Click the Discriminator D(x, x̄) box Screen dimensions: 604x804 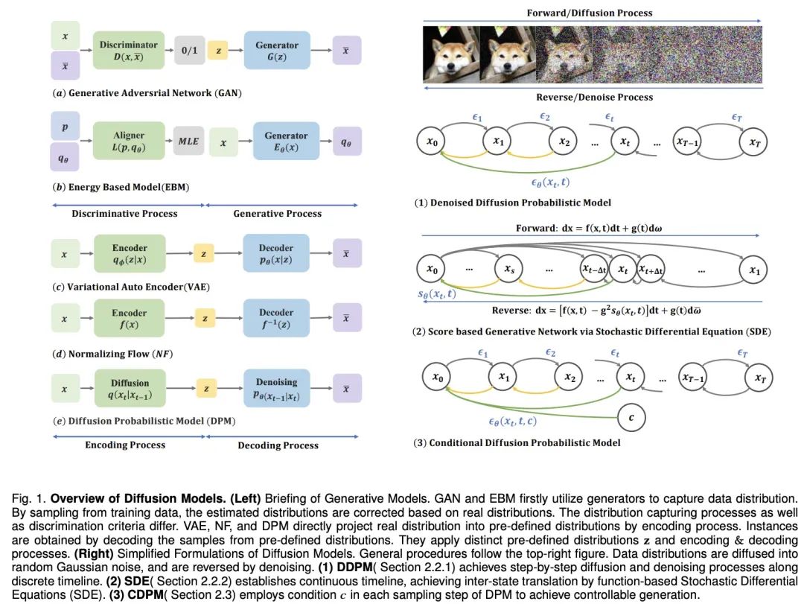[129, 51]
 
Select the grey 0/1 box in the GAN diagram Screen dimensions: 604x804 [190, 51]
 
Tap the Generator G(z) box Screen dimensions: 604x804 [277, 51]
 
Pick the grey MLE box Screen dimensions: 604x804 [188, 142]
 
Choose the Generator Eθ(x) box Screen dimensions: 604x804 [286, 142]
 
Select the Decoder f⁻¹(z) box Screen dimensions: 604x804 [277, 318]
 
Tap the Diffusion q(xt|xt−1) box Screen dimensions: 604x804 [130, 389]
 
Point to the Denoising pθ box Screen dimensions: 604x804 [277, 389]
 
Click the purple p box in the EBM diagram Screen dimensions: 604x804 [64, 127]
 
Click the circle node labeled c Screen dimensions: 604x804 [631, 417]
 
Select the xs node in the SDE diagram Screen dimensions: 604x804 [509, 269]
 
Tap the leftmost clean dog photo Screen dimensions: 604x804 [450, 54]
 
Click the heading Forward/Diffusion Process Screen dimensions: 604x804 [590, 13]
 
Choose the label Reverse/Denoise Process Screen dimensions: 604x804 [594, 97]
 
